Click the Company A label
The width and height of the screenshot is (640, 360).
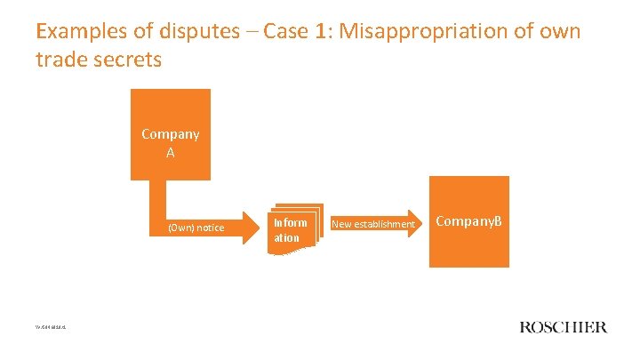pyautogui.click(x=171, y=143)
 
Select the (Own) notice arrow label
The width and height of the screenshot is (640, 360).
pyautogui.click(x=196, y=228)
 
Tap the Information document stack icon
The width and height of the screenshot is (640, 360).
pyautogui.click(x=291, y=230)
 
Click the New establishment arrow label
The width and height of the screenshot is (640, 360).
pyautogui.click(x=372, y=224)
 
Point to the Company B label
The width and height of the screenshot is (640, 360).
pyautogui.click(x=468, y=220)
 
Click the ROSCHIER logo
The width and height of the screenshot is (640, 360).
pyautogui.click(x=563, y=327)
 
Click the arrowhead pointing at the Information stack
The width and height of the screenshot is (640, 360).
pyautogui.click(x=252, y=228)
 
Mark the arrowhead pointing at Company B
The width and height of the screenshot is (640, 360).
pyautogui.click(x=420, y=224)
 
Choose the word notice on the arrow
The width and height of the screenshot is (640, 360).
pyautogui.click(x=210, y=228)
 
